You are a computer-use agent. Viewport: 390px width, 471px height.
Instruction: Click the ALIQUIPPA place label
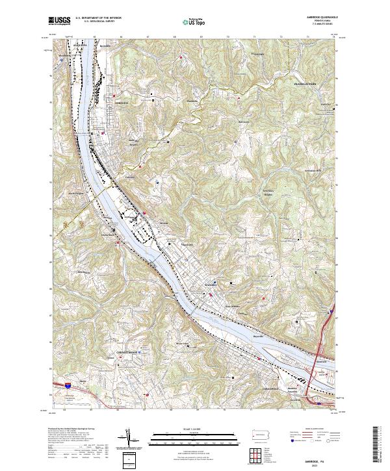coord(78,45)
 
